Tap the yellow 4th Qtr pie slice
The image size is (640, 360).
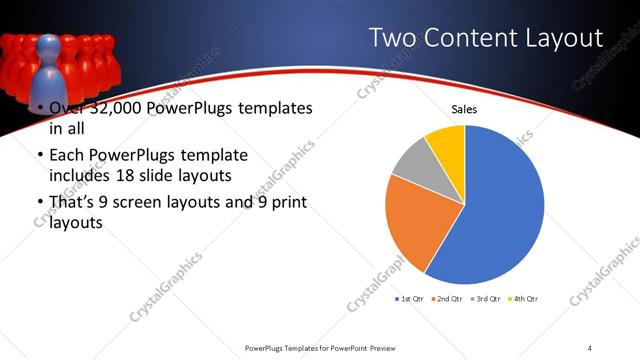click(447, 144)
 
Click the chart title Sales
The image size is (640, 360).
click(463, 109)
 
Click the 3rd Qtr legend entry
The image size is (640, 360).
click(486, 298)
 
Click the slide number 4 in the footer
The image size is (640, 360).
click(590, 348)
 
